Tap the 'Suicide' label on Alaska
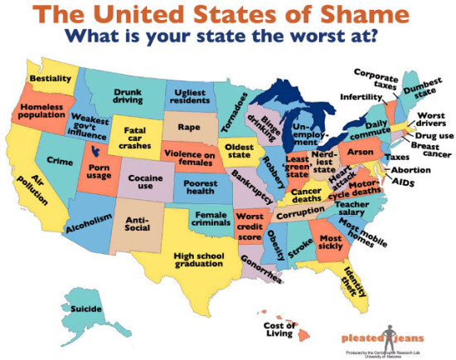tap(87, 309)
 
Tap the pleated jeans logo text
tap(366, 338)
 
